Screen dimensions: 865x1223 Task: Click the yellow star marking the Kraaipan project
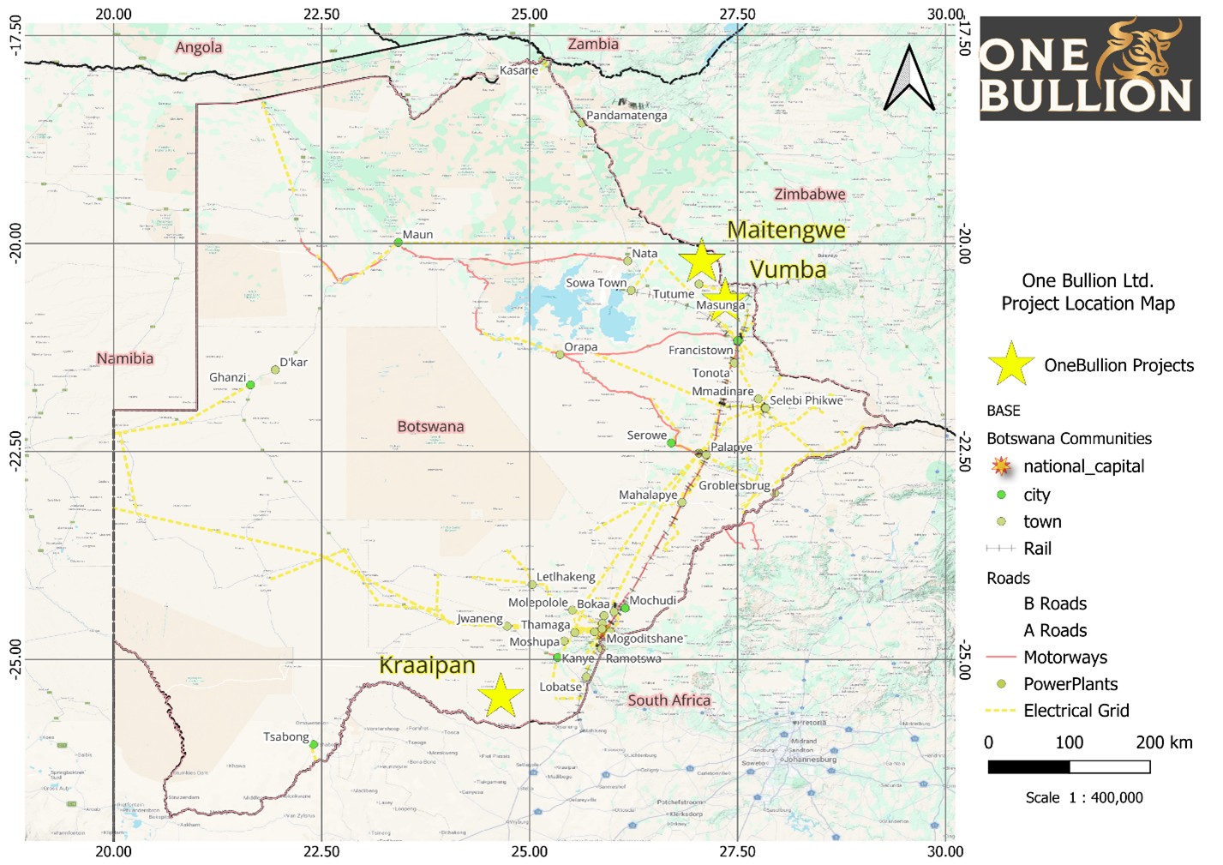click(x=501, y=695)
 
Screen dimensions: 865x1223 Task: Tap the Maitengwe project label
click(x=786, y=231)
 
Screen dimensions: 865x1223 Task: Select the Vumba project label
click(x=788, y=270)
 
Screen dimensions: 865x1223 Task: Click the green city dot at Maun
click(x=398, y=243)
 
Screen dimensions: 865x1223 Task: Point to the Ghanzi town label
click(x=227, y=377)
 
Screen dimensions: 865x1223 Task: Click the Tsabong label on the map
click(x=285, y=736)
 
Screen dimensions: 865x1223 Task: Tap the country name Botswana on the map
click(x=430, y=426)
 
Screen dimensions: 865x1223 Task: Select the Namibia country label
click(x=125, y=358)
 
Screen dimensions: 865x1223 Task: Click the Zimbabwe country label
click(x=809, y=195)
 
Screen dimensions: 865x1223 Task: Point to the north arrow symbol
click(x=908, y=79)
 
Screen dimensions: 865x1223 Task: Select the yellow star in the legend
click(x=1010, y=364)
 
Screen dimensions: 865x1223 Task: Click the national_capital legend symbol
click(x=1001, y=466)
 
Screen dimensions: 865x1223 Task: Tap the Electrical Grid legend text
click(x=1076, y=711)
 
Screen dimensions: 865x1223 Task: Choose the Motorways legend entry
click(x=1064, y=658)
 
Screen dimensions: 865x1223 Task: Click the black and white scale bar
click(x=1069, y=767)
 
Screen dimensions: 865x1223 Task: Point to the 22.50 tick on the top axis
click(x=321, y=14)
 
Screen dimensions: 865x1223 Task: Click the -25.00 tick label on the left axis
click(x=15, y=659)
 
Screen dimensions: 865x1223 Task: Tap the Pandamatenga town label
click(x=626, y=116)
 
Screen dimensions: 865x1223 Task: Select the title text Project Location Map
click(x=1088, y=303)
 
